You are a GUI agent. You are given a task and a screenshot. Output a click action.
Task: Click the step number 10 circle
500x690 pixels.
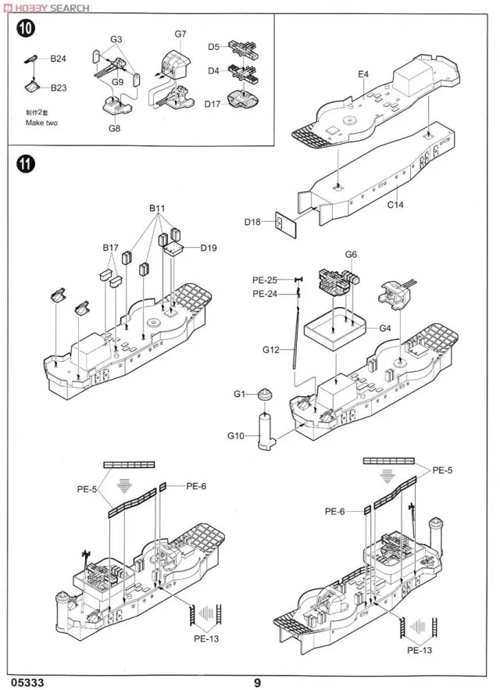coord(26,29)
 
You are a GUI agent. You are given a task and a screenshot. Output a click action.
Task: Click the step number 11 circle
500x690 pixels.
coord(26,165)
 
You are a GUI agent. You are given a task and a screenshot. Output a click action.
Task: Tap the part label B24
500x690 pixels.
coord(59,59)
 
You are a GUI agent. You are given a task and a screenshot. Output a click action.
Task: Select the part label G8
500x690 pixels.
coord(115,128)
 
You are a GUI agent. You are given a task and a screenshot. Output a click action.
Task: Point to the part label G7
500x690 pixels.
coord(181,34)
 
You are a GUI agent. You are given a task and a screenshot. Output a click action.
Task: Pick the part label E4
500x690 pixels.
coord(363,74)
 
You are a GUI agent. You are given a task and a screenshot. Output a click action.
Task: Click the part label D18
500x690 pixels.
coord(252,223)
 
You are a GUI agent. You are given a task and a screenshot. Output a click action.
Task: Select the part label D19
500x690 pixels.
coord(208,248)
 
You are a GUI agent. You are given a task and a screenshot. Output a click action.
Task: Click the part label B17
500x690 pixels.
coord(110,248)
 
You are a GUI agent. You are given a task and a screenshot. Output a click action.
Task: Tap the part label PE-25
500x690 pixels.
coord(266,280)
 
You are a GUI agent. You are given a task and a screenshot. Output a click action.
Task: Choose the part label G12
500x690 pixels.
coord(270,352)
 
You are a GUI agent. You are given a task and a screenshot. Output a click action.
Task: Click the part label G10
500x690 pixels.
coord(236,435)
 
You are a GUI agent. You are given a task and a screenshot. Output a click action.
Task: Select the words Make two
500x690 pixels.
coord(41,123)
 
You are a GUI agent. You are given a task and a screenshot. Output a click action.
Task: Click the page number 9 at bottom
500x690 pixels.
coord(256,681)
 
